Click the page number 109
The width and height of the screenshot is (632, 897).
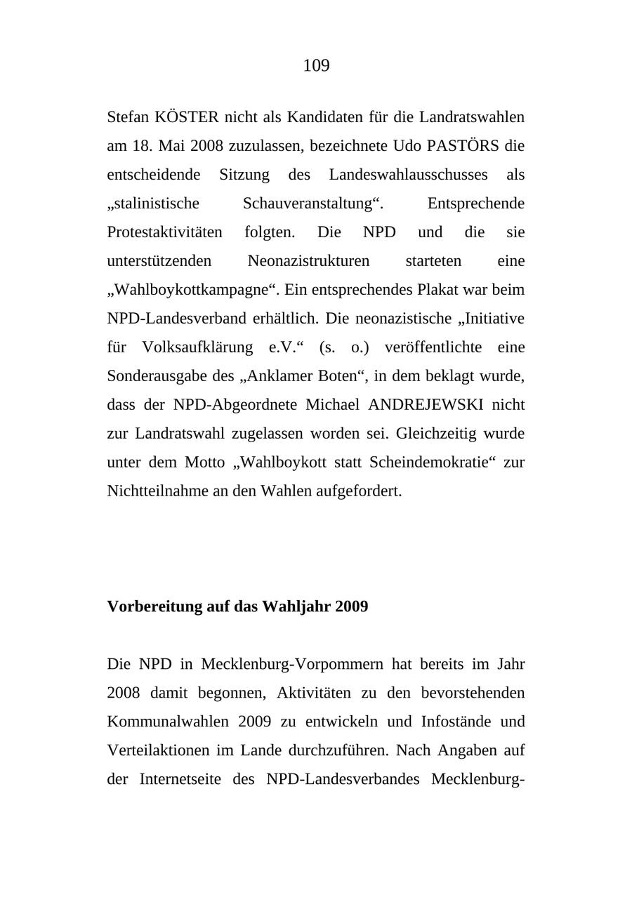[316, 66]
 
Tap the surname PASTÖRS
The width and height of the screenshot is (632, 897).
[463, 146]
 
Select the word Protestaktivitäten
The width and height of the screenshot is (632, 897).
[164, 232]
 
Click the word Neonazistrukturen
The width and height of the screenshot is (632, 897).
[308, 261]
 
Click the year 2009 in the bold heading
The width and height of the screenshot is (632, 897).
[351, 606]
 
